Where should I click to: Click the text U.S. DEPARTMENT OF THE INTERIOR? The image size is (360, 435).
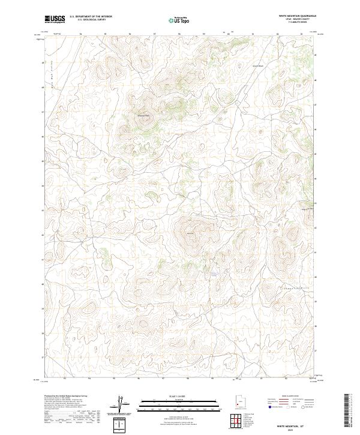[x=91, y=16]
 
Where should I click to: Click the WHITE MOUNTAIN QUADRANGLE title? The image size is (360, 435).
[x=296, y=16]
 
